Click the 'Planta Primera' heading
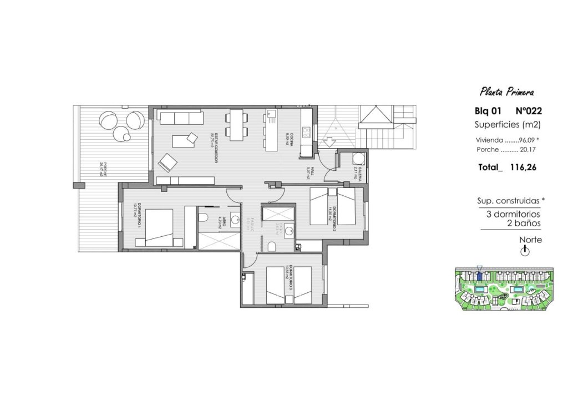[x=508, y=92]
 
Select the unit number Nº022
[x=528, y=111]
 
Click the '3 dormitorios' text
[x=509, y=214]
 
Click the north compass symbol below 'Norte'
[x=525, y=251]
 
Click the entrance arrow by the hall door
[x=328, y=143]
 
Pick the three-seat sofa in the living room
[x=179, y=117]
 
